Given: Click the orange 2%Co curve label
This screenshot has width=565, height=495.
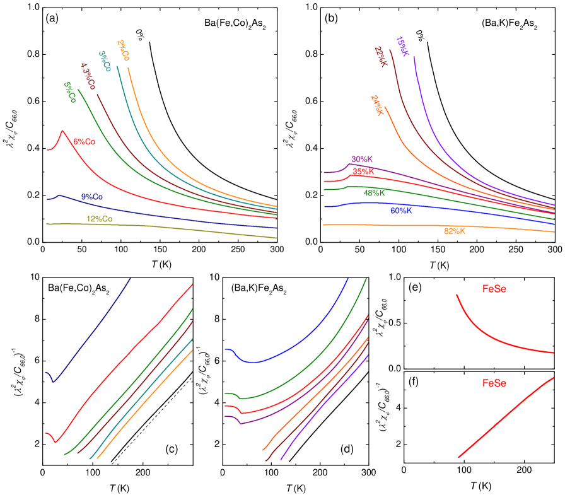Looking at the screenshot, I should pos(124,51).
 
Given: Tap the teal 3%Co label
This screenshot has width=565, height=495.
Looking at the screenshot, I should pos(105,61).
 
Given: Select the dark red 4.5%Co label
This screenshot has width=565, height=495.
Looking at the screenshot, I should pos(88,76).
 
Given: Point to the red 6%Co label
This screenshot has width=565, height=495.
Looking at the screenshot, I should pos(84,142).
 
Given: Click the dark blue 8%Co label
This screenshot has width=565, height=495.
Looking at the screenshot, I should pos(92,197).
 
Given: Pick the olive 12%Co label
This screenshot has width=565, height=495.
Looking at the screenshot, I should pos(100,219).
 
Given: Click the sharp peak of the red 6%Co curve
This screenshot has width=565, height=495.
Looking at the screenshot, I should pos(62,131).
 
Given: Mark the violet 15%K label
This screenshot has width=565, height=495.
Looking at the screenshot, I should pos(402,46).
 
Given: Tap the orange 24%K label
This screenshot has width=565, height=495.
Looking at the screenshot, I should pos(377,105).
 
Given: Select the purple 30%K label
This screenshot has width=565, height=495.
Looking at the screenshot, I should pos(362,160).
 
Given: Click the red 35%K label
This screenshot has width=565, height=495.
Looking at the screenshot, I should pos(363,172).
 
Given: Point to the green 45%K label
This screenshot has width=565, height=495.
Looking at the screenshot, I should pos(375,193).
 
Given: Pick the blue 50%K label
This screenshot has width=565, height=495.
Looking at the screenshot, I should pos(401,211).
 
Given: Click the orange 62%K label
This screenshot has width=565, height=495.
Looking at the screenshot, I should pos(455,231).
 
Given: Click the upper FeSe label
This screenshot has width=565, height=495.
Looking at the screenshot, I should pos(494,289).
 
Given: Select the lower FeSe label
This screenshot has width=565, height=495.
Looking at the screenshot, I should pos(494,383).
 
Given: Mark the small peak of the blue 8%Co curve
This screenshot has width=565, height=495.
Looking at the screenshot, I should pos(59,195).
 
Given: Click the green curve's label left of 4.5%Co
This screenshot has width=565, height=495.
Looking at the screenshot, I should pos(70,92).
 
